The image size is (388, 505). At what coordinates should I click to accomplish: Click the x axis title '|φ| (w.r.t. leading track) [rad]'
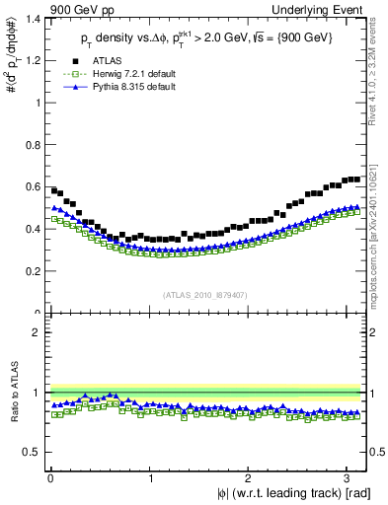(x=280, y=494)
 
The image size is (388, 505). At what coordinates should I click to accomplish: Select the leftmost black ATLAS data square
(x=53, y=189)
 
